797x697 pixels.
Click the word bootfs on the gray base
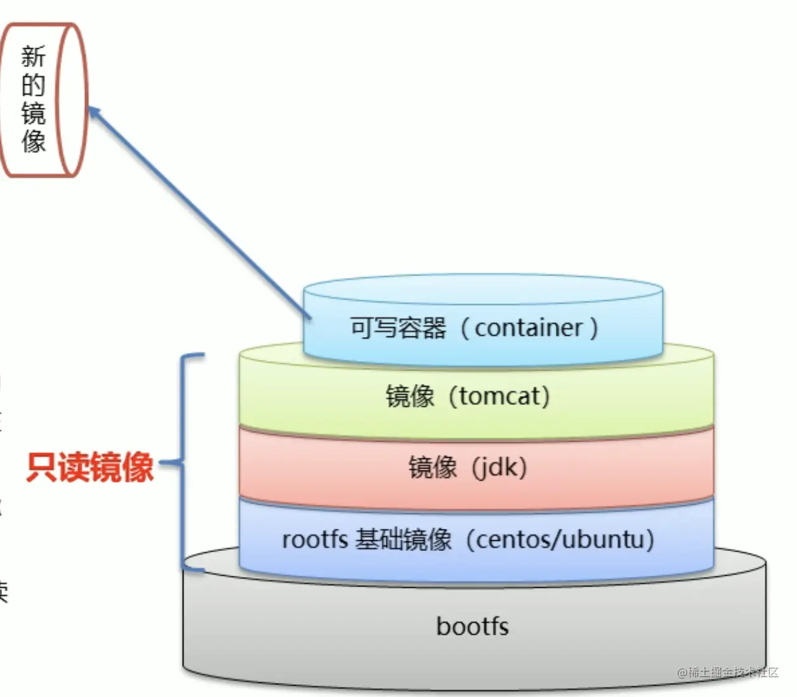click(x=472, y=627)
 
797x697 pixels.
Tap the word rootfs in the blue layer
click(x=315, y=540)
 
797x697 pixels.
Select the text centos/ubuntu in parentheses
click(x=564, y=540)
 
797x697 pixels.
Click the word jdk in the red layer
click(x=499, y=467)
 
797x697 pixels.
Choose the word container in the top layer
click(x=529, y=328)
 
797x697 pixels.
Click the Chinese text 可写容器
click(x=398, y=328)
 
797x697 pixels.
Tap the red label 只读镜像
click(x=90, y=467)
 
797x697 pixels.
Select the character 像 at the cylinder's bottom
click(x=33, y=141)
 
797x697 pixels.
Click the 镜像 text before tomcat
click(x=410, y=396)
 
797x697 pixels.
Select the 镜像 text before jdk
click(x=433, y=467)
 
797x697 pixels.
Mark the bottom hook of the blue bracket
click(x=194, y=569)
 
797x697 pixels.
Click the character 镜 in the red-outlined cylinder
click(x=33, y=113)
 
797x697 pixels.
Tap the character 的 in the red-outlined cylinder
click(x=33, y=85)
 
